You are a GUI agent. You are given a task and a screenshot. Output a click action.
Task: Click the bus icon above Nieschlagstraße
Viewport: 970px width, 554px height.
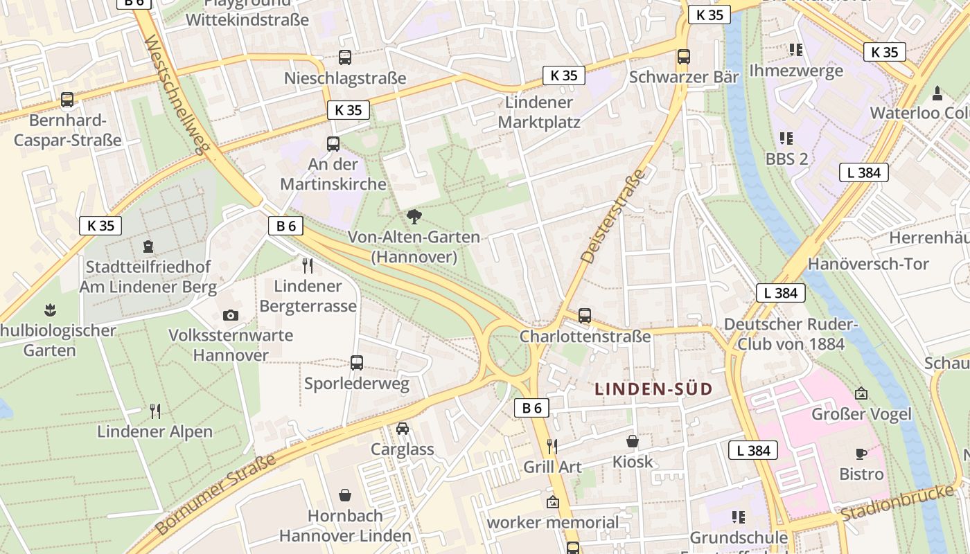point(344,57)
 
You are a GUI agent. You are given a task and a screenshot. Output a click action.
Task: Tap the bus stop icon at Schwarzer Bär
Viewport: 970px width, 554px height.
point(684,57)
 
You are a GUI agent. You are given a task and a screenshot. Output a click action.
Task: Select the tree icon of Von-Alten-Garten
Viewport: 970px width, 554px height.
point(414,217)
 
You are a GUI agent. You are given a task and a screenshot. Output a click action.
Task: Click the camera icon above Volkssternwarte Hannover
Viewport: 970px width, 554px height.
point(231,316)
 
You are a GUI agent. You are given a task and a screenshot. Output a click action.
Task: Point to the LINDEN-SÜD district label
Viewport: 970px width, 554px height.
point(653,389)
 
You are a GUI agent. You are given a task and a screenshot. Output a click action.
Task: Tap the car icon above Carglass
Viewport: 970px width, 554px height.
point(403,429)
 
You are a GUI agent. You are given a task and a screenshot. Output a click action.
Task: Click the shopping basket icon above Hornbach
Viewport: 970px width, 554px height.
point(345,495)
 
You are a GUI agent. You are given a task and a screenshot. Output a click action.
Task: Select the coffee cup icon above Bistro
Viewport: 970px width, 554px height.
point(861,454)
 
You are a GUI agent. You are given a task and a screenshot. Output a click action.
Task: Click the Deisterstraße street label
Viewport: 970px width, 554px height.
point(614,215)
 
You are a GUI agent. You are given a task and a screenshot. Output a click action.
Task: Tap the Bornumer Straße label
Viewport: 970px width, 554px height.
point(215,494)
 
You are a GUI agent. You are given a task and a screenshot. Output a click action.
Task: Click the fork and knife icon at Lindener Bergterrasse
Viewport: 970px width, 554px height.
point(308,265)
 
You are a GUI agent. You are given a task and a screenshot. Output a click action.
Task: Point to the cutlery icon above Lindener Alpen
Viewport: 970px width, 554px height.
point(155,411)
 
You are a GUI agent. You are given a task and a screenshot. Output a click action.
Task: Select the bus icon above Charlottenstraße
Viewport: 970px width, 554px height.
point(585,316)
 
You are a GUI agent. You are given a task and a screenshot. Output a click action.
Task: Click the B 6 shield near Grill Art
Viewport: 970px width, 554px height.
point(531,408)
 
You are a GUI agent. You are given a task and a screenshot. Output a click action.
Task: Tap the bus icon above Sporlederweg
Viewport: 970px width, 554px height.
point(357,363)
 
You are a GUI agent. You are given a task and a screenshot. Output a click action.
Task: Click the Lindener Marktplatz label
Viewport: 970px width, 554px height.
point(539,112)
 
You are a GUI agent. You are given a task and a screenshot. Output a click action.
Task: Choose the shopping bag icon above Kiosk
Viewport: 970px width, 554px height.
point(632,441)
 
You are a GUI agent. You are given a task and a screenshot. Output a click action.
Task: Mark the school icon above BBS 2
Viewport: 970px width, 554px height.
point(786,138)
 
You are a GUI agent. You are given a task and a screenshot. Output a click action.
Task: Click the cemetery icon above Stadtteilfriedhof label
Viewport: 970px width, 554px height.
point(148,246)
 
